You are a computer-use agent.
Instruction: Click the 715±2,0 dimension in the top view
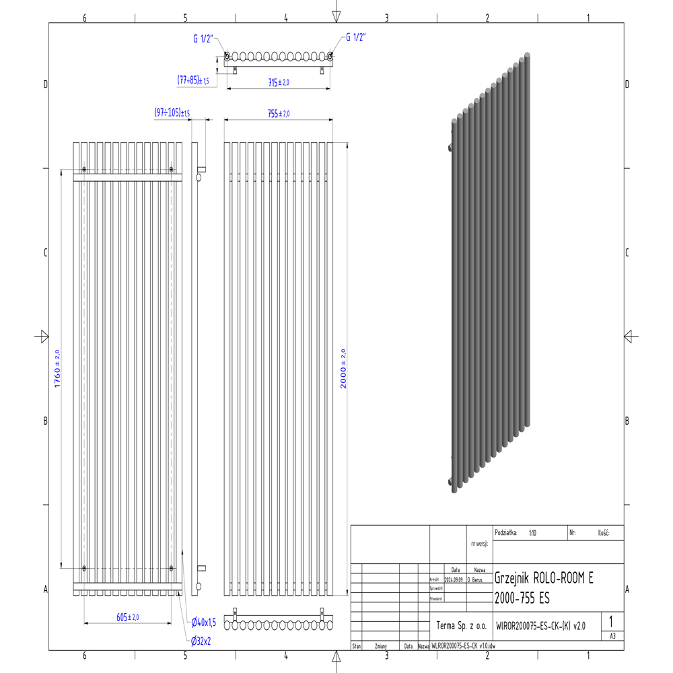pyautogui.click(x=278, y=82)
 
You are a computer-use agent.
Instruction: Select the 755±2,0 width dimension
pyautogui.click(x=278, y=114)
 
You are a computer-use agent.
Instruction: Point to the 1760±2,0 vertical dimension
pyautogui.click(x=57, y=368)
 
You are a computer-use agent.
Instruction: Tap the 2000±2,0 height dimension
pyautogui.click(x=343, y=369)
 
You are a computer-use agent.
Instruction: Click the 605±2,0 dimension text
pyautogui.click(x=127, y=617)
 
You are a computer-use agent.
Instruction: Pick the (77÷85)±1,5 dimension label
pyautogui.click(x=193, y=80)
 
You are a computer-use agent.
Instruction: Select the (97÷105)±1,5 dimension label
pyautogui.click(x=172, y=112)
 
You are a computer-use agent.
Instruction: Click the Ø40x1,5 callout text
pyautogui.click(x=203, y=622)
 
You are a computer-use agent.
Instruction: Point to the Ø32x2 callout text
pyautogui.click(x=201, y=641)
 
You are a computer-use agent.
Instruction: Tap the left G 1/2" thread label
pyautogui.click(x=203, y=39)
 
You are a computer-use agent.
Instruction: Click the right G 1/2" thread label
pyautogui.click(x=355, y=38)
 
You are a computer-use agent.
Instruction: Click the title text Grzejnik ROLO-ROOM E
pyautogui.click(x=544, y=578)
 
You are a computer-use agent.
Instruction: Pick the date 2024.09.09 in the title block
pyautogui.click(x=454, y=579)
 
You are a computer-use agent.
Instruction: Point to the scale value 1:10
pyautogui.click(x=532, y=532)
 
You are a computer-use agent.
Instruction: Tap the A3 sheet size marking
pyautogui.click(x=612, y=635)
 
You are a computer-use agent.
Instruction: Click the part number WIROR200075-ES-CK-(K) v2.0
pyautogui.click(x=540, y=625)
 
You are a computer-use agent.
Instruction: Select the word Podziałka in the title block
pyautogui.click(x=505, y=532)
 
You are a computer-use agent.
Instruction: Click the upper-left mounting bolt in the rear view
pyautogui.click(x=84, y=169)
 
